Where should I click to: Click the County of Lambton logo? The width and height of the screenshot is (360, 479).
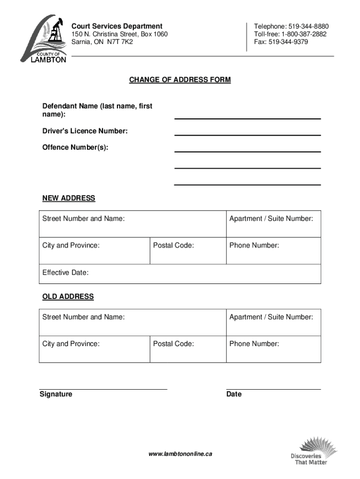(44, 39)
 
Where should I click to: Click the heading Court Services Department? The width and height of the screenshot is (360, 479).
(116, 26)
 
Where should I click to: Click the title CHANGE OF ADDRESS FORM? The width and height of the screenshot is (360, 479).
(180, 80)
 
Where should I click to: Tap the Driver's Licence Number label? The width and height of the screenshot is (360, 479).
(85, 131)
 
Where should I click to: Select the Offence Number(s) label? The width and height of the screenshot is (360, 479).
(75, 148)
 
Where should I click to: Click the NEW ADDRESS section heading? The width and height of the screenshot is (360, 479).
(69, 198)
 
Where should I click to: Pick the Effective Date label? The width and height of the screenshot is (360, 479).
(65, 273)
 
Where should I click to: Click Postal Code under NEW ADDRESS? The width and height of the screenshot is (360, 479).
(173, 245)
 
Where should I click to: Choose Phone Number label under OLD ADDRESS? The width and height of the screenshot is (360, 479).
(254, 344)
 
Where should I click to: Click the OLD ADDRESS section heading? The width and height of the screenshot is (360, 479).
(68, 297)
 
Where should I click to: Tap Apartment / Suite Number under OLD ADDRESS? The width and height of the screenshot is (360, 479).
(271, 317)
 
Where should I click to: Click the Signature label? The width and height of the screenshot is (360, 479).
(56, 394)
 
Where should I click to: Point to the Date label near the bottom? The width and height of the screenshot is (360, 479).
(234, 394)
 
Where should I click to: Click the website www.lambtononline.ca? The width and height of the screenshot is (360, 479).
(180, 454)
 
